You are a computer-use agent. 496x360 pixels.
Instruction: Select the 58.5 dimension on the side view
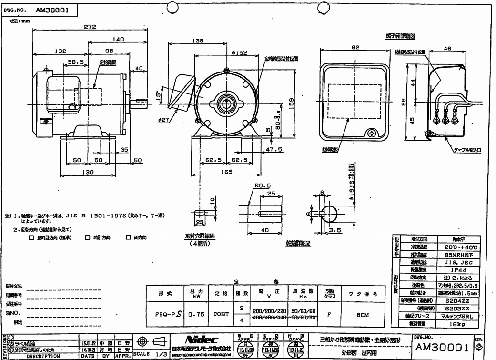tap(74, 62)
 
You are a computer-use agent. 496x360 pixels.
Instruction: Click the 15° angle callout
tap(159, 95)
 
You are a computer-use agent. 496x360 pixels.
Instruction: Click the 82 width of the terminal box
tap(355, 48)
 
